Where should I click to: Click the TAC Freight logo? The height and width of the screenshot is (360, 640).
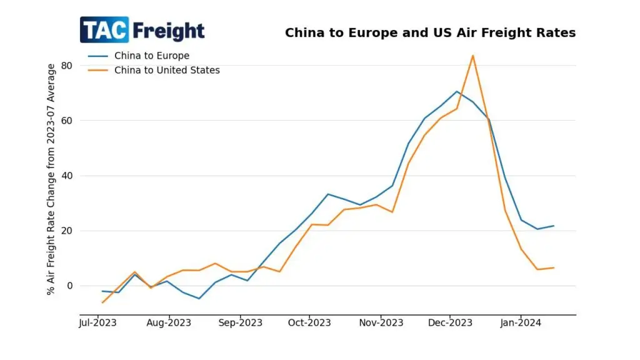click(x=142, y=30)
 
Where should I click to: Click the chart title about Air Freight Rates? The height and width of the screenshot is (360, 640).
click(x=430, y=32)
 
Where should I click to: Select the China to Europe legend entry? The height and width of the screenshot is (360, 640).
click(x=151, y=56)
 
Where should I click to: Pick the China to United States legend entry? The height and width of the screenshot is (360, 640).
click(x=167, y=70)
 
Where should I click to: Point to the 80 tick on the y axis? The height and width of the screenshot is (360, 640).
click(x=67, y=66)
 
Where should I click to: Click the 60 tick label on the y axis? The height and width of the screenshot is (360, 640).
click(x=67, y=121)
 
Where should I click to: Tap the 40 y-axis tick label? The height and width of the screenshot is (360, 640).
click(x=67, y=176)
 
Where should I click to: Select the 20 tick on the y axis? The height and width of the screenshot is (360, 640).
click(x=67, y=231)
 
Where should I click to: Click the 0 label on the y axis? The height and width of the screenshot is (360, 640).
click(x=69, y=286)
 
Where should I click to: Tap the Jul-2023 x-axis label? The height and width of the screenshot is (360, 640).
click(x=98, y=322)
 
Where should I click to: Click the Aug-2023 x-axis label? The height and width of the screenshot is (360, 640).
click(x=169, y=322)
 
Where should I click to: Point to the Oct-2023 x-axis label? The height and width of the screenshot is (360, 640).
click(x=310, y=322)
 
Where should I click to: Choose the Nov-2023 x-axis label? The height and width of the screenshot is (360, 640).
click(x=381, y=322)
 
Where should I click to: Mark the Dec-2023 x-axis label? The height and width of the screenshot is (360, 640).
click(x=450, y=322)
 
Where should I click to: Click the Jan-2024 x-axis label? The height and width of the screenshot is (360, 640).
click(x=521, y=322)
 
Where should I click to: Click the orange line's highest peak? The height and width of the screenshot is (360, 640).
click(x=472, y=56)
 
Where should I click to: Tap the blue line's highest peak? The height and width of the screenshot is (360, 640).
click(x=457, y=91)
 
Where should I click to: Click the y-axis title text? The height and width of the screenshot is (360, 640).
click(x=51, y=179)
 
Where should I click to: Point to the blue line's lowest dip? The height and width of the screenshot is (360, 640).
click(x=199, y=299)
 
